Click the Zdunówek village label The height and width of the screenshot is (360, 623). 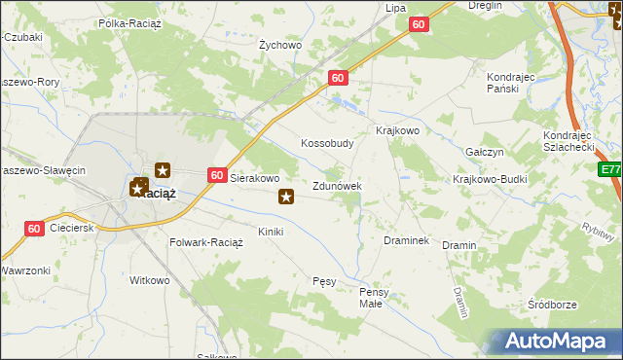[x=337, y=185]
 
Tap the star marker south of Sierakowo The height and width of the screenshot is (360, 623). [x=286, y=198]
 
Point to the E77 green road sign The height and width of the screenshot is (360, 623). [x=610, y=169]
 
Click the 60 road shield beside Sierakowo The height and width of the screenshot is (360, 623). [x=217, y=175]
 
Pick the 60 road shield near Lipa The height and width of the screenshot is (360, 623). [x=419, y=25]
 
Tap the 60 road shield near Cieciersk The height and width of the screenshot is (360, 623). [x=34, y=229]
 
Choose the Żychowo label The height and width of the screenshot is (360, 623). [x=280, y=45]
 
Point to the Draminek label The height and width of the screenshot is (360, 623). [x=407, y=239]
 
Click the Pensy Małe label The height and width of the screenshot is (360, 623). [x=375, y=297]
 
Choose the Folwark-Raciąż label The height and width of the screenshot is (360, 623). [x=206, y=241]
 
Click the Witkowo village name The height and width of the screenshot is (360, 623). [x=150, y=280]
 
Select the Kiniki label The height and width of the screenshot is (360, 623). [x=270, y=232]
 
